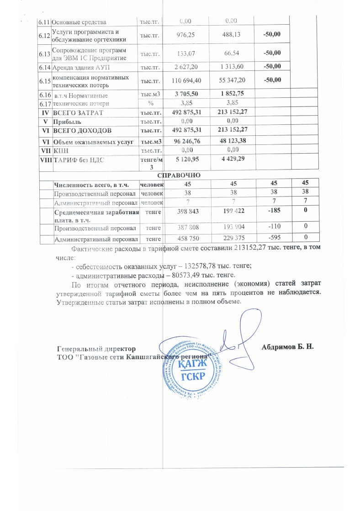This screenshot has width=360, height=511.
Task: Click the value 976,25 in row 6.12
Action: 185,35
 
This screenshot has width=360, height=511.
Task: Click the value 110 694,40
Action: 185,80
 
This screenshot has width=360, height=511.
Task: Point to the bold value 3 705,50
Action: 185,94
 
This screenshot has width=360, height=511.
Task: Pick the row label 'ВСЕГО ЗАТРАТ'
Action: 78,112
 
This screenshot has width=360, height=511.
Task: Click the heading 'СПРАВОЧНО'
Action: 180,176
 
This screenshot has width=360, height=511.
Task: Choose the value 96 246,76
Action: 185,141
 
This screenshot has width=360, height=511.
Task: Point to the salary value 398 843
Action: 185,211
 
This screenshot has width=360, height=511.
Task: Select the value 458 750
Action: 185,238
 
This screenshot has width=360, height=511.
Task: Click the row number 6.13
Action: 44,53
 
